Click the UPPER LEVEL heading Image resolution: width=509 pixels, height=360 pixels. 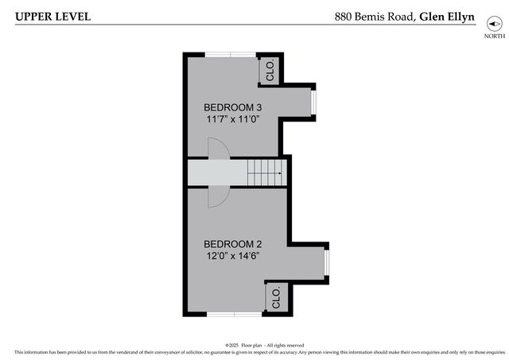(52, 16)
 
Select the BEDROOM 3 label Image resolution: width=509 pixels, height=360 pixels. (232, 107)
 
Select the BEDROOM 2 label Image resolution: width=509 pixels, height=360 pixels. (232, 244)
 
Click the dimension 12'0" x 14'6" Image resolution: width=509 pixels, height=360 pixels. (232, 256)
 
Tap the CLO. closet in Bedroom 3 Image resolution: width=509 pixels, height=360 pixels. (269, 70)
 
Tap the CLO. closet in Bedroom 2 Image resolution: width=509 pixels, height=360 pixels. (276, 297)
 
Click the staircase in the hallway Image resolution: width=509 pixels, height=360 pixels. (264, 172)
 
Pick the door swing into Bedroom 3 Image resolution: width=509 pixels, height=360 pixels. (217, 148)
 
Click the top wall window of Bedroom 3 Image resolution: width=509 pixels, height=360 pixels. (230, 55)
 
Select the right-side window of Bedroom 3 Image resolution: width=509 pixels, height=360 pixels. (314, 101)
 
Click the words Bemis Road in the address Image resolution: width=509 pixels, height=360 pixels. (385, 16)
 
